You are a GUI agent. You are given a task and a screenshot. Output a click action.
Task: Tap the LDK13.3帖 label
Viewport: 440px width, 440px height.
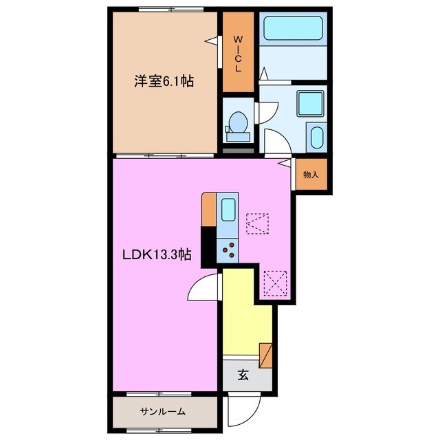pos(157,255)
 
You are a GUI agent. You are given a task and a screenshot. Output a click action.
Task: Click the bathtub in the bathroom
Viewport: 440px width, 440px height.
pos(294,29)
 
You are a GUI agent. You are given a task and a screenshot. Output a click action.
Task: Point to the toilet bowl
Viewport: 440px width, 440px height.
pos(238,122)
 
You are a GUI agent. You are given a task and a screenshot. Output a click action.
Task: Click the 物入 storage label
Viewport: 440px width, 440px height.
pos(311,175)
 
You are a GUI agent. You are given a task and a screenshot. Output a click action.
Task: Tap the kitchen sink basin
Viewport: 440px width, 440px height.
pos(228,208)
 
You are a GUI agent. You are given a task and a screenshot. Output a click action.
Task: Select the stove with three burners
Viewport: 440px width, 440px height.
pos(228,250)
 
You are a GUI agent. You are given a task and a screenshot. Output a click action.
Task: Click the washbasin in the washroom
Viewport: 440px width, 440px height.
pos(317,136)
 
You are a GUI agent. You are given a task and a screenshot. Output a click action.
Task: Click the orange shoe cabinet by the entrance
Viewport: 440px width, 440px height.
pos(266,355)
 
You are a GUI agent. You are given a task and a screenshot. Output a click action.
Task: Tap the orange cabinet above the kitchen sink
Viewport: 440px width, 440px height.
pos(210,210)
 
